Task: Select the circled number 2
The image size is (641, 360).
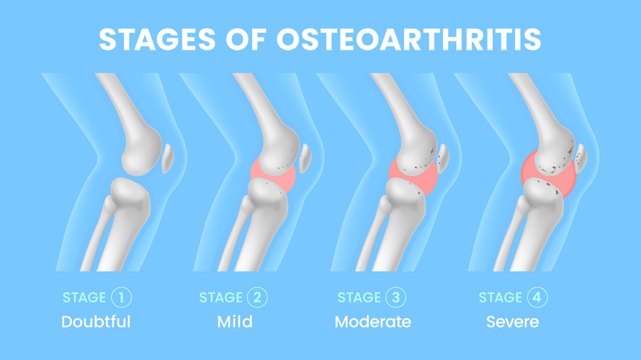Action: point(258,297)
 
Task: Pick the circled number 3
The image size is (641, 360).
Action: point(396,297)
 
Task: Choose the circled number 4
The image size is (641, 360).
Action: point(536,297)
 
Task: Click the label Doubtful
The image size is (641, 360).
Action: point(97,321)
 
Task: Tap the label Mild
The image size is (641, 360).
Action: point(235,321)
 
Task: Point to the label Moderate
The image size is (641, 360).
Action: point(373,321)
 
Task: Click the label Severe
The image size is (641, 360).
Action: point(513,321)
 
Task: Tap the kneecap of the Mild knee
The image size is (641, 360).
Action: point(305,158)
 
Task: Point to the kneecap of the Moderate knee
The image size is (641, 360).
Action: point(443,157)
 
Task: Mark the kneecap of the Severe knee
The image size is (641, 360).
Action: point(581,156)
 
